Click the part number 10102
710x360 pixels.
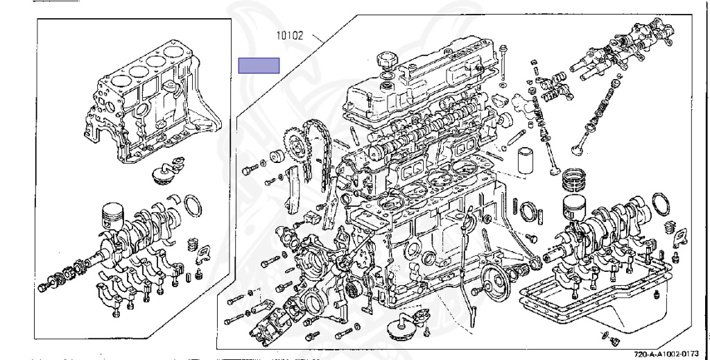click(290, 35)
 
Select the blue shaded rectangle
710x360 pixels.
click(259, 66)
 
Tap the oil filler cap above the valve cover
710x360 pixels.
click(386, 59)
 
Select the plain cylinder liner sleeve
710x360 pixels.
click(527, 160)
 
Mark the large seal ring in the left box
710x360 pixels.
click(194, 205)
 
